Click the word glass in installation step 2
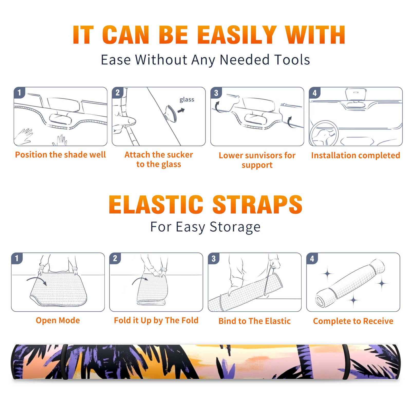[187, 100]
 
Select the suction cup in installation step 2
[171, 113]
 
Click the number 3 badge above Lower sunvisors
[216, 93]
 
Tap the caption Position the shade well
[60, 155]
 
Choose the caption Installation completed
[356, 155]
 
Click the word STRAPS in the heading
[257, 204]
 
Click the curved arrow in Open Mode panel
[36, 280]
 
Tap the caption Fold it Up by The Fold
[156, 320]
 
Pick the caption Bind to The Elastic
[255, 321]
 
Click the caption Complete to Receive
[353, 321]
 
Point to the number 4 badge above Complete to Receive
[312, 259]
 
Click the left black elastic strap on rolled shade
[64, 362]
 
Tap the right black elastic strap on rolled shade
[346, 362]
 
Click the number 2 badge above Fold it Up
[115, 258]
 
